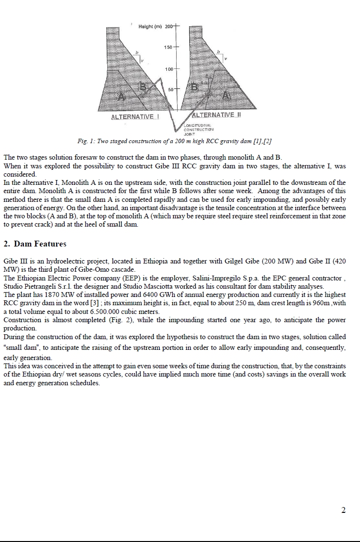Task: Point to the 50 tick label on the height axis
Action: (171, 90)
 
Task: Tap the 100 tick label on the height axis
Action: (169, 69)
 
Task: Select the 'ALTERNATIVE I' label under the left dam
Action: (132, 117)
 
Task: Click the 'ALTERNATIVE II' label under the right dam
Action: (217, 115)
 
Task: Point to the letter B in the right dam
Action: (195, 87)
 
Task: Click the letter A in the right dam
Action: (226, 96)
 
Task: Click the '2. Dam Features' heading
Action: (35, 244)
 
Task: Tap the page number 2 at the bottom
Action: (344, 509)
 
